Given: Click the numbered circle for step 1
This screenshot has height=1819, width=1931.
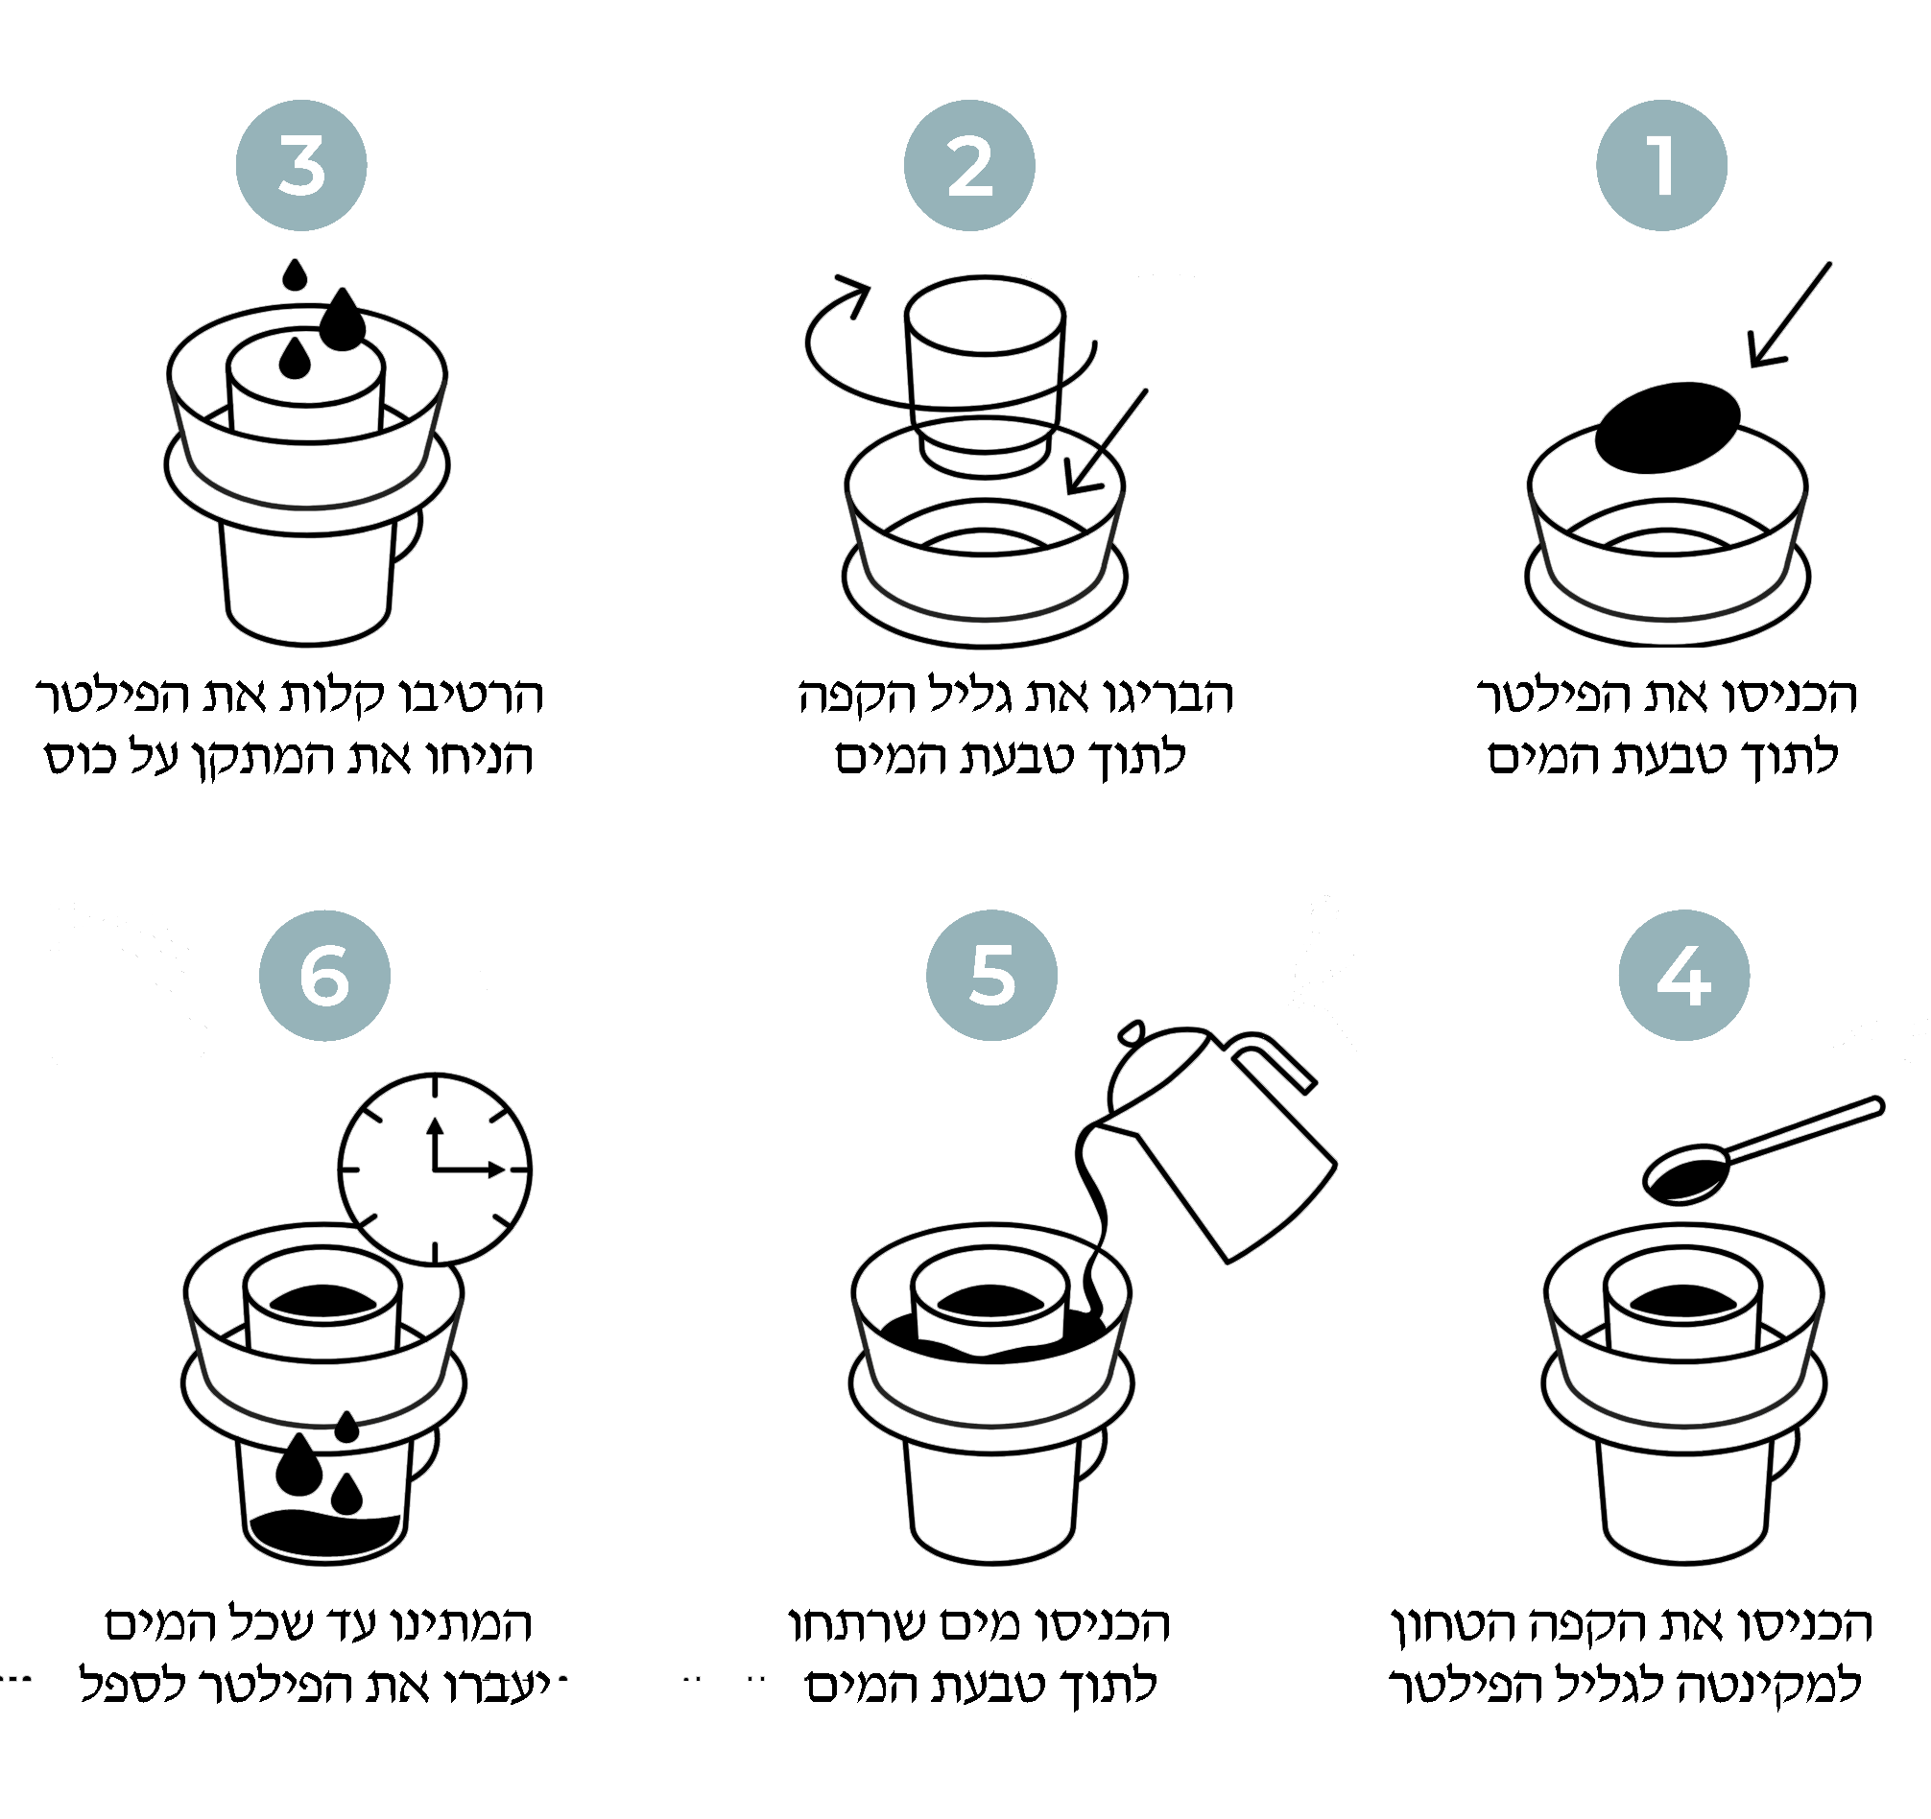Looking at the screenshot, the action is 1661,165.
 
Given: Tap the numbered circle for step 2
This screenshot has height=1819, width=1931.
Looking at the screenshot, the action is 968,165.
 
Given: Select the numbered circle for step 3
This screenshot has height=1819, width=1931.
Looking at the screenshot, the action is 301,165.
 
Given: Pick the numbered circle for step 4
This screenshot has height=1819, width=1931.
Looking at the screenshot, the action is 1683,975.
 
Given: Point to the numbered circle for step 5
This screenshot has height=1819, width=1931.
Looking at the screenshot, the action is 991,975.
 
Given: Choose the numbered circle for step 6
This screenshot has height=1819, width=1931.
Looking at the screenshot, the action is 324,975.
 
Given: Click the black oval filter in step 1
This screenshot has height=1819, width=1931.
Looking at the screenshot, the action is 1668,426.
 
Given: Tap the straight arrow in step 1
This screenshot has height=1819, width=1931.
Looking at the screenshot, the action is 1789,315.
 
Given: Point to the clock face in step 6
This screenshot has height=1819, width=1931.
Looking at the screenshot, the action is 434,1169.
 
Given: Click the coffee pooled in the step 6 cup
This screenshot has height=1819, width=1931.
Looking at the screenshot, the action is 324,1532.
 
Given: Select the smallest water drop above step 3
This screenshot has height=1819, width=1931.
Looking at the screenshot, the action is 295,274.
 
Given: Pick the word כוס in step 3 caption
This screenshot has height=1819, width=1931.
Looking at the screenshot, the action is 81,758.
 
